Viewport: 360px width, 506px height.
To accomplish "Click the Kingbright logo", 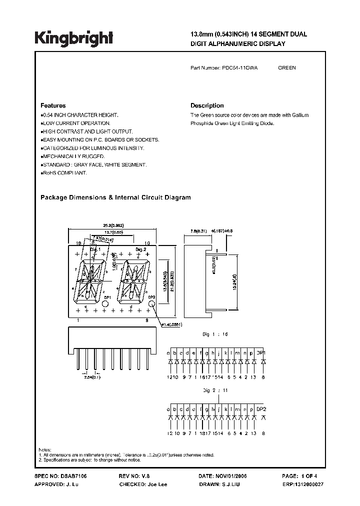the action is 73,37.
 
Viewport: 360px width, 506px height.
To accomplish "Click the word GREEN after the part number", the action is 286,68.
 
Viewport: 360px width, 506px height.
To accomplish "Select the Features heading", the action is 53,106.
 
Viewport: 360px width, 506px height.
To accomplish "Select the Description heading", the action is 207,106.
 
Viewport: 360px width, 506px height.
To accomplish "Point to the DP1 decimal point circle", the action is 105,303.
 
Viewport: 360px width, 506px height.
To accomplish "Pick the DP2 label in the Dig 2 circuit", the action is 260,408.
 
